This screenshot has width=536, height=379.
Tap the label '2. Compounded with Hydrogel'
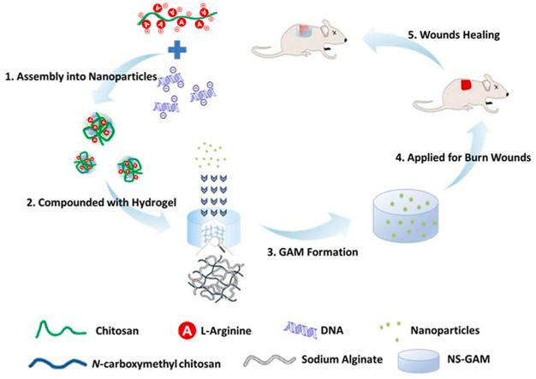click(x=102, y=203)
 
